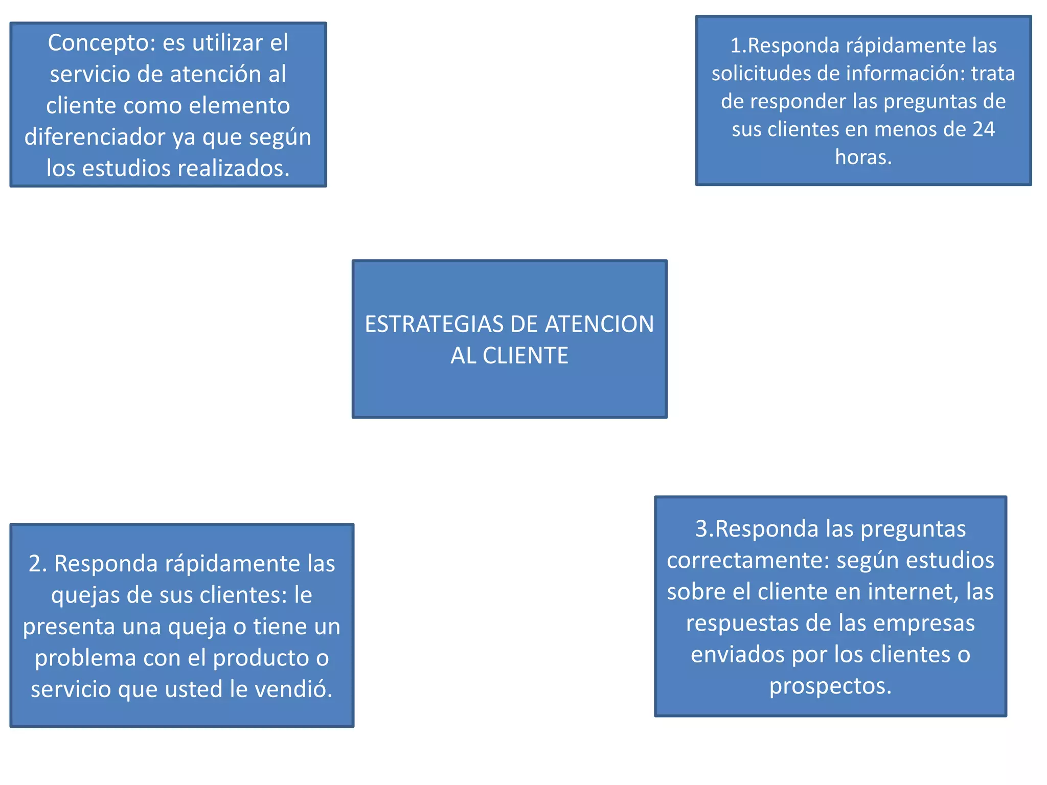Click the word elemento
point(239,106)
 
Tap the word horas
point(863,157)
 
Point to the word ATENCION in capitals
point(599,325)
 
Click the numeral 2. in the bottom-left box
point(38,564)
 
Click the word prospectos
point(830,686)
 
